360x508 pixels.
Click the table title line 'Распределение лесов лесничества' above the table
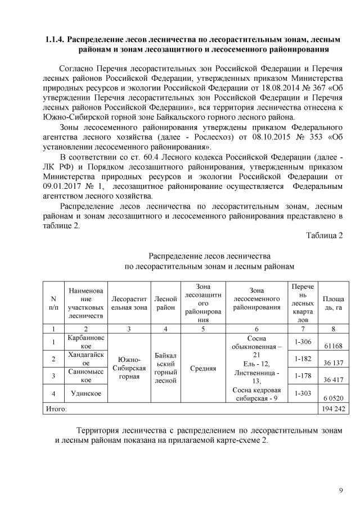coord(209,256)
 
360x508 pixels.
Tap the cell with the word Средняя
coord(203,369)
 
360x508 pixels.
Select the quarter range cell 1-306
coord(303,341)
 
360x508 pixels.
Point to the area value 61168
coord(331,346)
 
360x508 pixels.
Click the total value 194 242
coord(330,409)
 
